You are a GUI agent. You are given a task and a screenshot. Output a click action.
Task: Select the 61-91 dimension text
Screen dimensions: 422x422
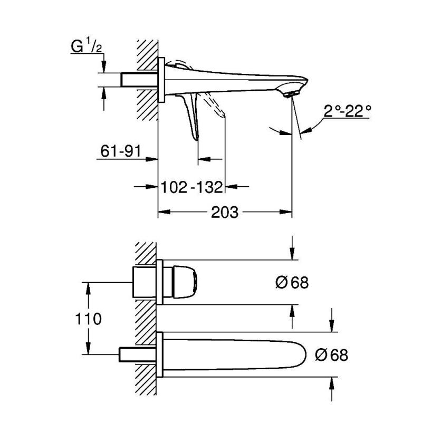[x=120, y=151]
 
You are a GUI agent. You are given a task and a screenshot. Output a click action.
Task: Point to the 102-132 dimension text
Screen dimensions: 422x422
[x=191, y=186]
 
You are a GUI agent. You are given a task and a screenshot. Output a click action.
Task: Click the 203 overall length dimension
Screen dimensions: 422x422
[x=225, y=213]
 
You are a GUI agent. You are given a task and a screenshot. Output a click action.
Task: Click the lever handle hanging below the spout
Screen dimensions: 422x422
[x=191, y=116]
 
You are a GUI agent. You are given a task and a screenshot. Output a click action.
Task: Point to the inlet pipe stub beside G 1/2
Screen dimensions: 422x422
[x=140, y=80]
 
